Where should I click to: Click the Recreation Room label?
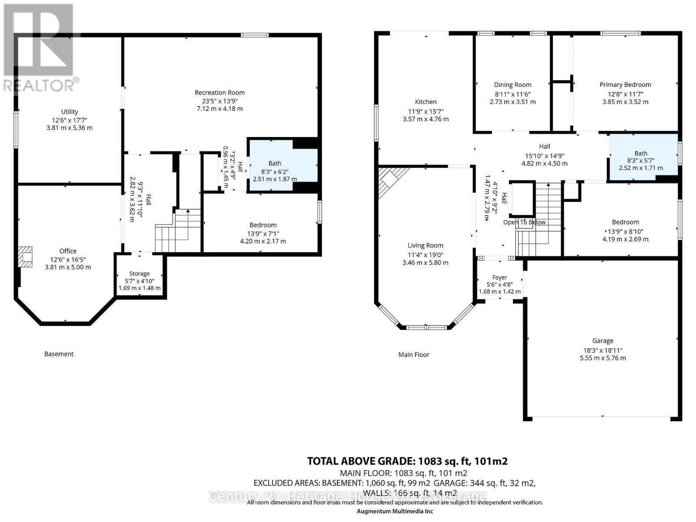click(220, 93)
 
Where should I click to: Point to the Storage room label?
click(140, 274)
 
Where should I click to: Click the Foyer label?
click(500, 277)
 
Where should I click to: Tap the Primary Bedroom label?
click(625, 85)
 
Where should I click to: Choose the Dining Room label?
click(512, 85)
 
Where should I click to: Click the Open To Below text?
click(524, 222)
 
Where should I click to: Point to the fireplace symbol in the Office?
click(26, 257)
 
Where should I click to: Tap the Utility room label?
click(70, 112)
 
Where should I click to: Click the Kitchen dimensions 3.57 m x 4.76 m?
click(425, 119)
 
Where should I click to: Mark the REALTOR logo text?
click(41, 85)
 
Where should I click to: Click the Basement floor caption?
click(59, 354)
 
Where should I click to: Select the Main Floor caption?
click(414, 355)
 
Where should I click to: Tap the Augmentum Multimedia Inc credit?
click(395, 512)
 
